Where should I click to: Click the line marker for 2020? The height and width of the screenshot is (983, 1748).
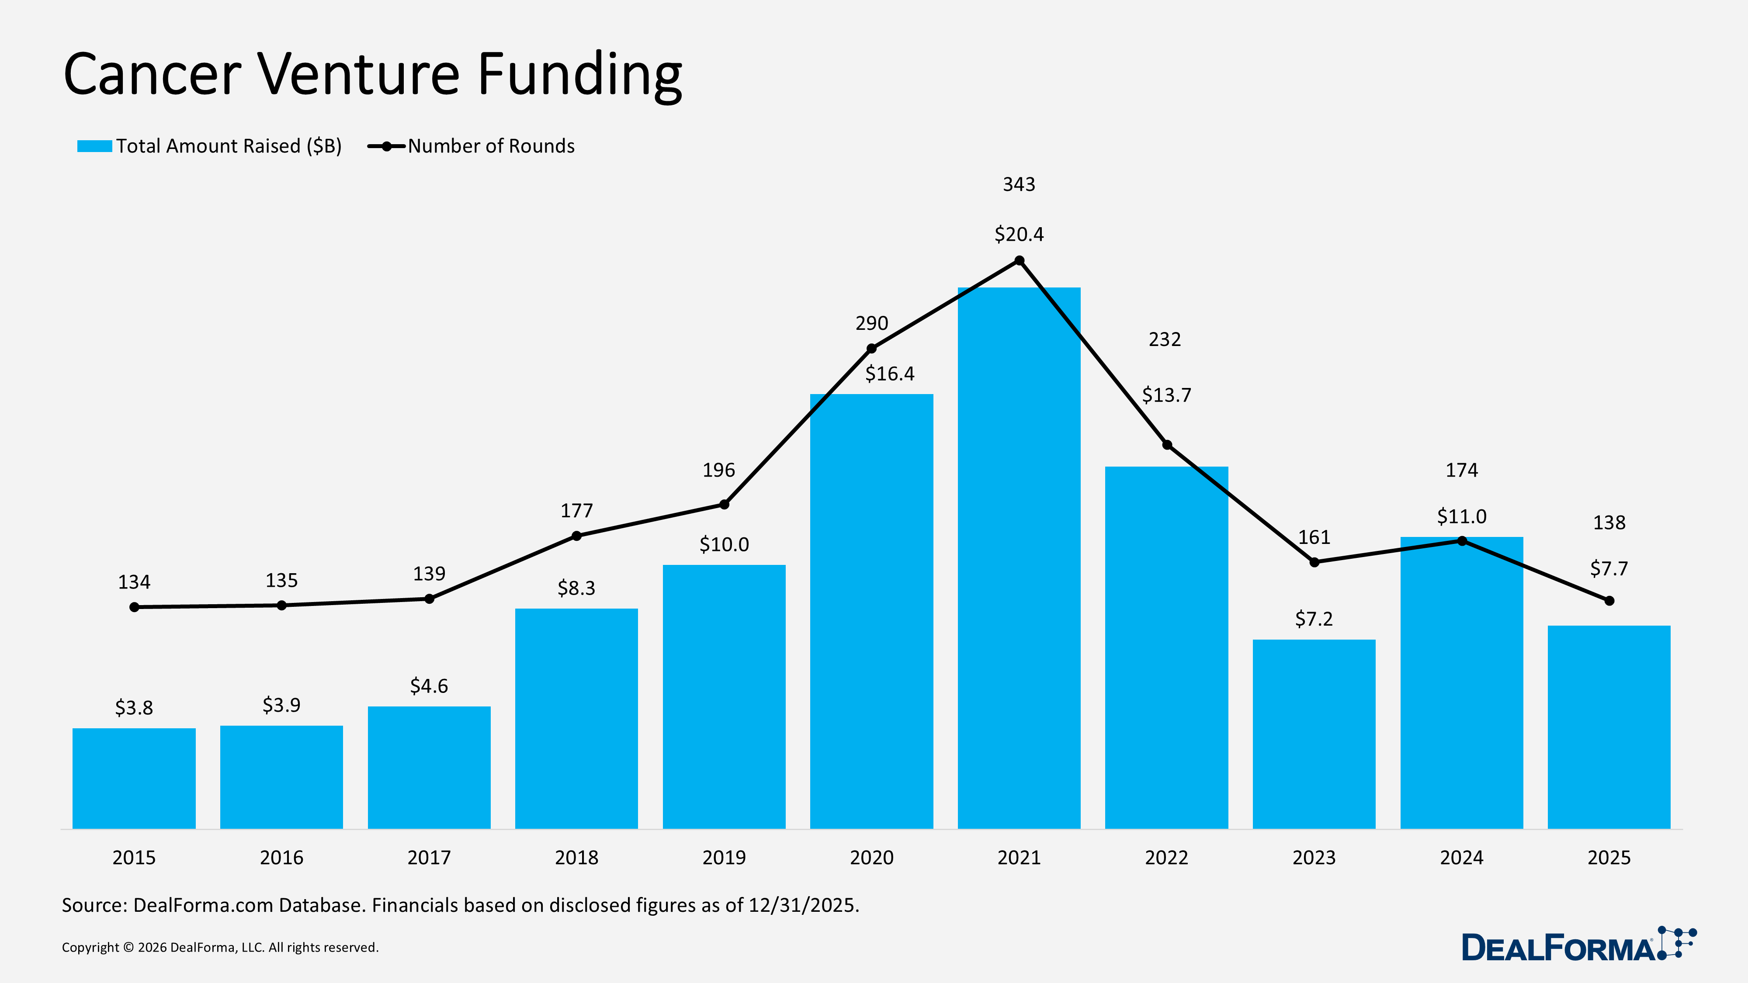pyautogui.click(x=871, y=349)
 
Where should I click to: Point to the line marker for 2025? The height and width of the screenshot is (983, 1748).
pyautogui.click(x=1609, y=600)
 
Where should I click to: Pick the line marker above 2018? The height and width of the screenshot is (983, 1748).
pyautogui.click(x=576, y=536)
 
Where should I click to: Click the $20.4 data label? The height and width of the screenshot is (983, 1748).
pyautogui.click(x=1019, y=234)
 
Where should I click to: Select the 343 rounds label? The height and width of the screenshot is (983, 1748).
pyautogui.click(x=1019, y=184)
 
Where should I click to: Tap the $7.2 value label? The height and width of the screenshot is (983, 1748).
pyautogui.click(x=1314, y=619)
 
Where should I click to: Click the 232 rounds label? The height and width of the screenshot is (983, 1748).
pyautogui.click(x=1165, y=339)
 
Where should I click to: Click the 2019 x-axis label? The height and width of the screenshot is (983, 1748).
pyautogui.click(x=723, y=858)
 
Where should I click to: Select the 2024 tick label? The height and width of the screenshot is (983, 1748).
pyautogui.click(x=1461, y=858)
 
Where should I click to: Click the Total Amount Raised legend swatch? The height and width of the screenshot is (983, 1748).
pyautogui.click(x=94, y=146)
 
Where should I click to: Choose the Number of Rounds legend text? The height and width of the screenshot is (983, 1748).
pyautogui.click(x=491, y=146)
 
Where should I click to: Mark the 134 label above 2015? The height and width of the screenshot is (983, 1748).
pyautogui.click(x=134, y=582)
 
